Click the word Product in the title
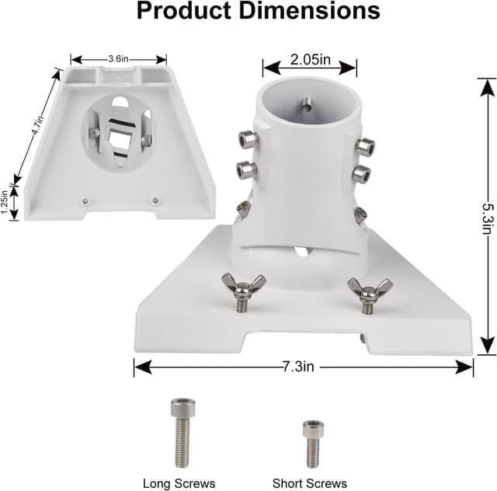tap(183, 11)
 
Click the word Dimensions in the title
tap(307, 11)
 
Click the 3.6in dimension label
tap(119, 58)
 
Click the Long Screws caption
tap(179, 483)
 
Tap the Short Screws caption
tap(310, 483)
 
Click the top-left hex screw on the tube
tap(247, 140)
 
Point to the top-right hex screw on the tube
tap(363, 146)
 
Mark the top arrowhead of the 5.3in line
tap(487, 81)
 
